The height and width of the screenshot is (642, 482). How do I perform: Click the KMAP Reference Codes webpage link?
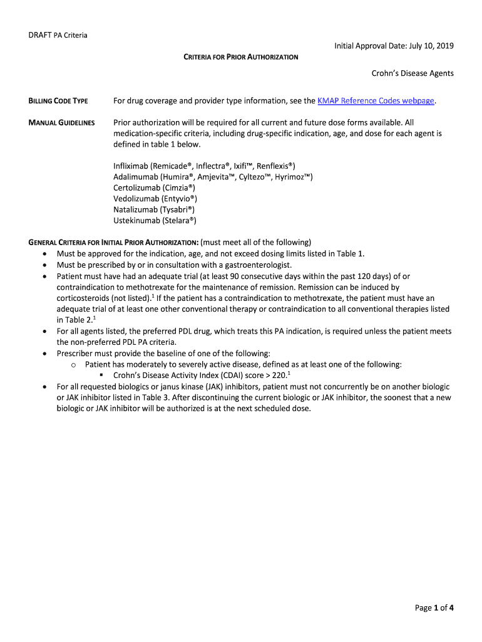[376, 101]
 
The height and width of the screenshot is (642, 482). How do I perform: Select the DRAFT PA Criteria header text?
[58, 34]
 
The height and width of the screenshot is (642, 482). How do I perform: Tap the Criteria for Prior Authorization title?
[240, 57]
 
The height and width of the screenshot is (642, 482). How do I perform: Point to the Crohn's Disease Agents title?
[413, 73]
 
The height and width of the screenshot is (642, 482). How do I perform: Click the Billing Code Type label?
[58, 101]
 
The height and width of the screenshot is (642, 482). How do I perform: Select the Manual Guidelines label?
[61, 123]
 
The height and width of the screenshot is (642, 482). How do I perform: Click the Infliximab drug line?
[204, 166]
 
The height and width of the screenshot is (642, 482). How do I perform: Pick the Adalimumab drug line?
[213, 177]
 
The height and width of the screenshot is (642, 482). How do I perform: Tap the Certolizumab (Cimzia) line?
[155, 187]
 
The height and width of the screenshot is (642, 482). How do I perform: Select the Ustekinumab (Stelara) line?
[155, 221]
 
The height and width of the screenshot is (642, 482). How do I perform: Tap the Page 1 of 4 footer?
[434, 608]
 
